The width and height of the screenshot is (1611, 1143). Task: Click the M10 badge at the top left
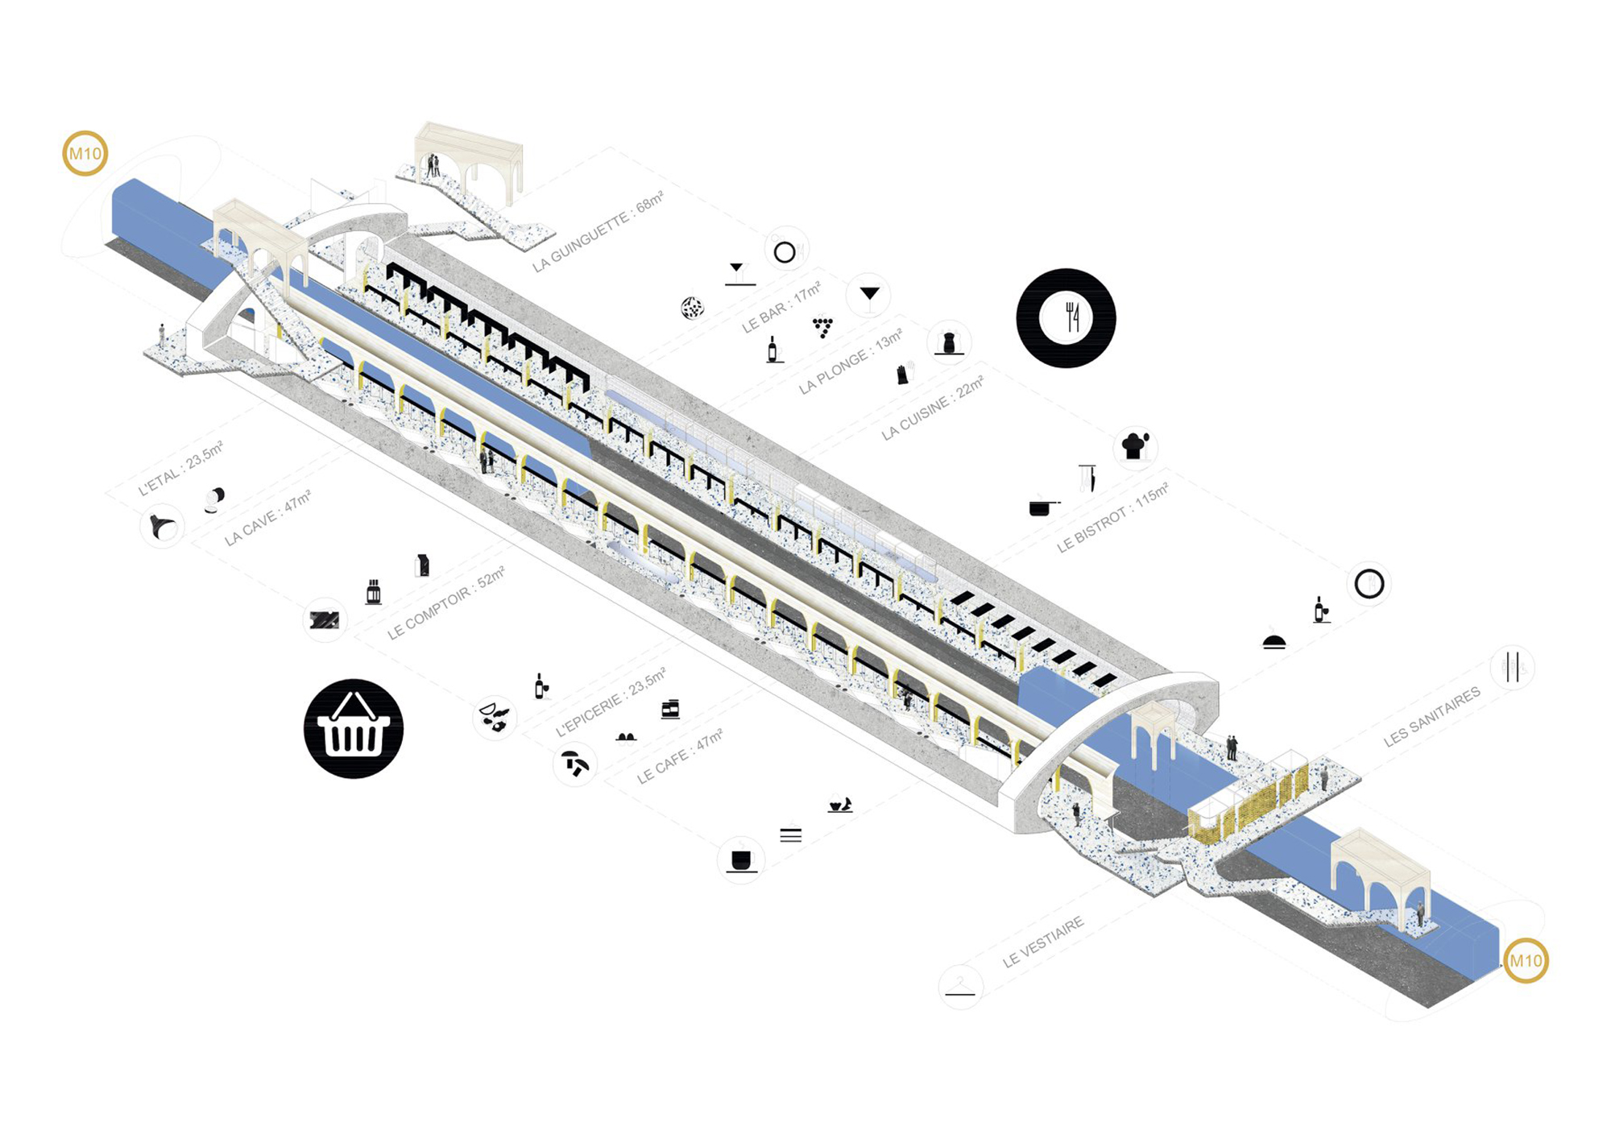point(85,153)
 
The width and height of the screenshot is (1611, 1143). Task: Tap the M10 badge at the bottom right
point(1526,960)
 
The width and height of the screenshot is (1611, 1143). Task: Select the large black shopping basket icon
point(354,728)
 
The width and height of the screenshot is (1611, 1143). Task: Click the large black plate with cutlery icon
point(1066,318)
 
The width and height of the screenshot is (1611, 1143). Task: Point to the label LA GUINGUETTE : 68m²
point(598,231)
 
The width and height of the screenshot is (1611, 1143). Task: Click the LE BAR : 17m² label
point(781,307)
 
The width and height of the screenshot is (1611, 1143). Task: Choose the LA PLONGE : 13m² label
point(851,361)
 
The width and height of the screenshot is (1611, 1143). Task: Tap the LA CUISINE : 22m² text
point(933,408)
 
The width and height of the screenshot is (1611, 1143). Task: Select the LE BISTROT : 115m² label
point(1112,518)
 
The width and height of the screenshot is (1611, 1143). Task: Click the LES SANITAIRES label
point(1431,716)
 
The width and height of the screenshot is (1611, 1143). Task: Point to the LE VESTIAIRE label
point(1043,942)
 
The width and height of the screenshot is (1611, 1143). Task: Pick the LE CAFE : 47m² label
point(680,756)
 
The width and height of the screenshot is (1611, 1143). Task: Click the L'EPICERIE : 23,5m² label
point(611,702)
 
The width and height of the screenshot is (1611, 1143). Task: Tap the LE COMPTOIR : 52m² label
point(445,603)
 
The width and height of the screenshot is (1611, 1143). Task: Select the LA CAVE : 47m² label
point(267,517)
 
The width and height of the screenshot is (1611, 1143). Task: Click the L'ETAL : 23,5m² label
point(180,468)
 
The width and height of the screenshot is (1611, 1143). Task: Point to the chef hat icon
point(1135,445)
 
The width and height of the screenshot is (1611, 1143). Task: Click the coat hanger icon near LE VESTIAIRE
point(960,987)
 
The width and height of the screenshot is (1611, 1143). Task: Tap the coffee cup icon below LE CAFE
point(740,860)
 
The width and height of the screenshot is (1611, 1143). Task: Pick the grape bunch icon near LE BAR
point(822,326)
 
